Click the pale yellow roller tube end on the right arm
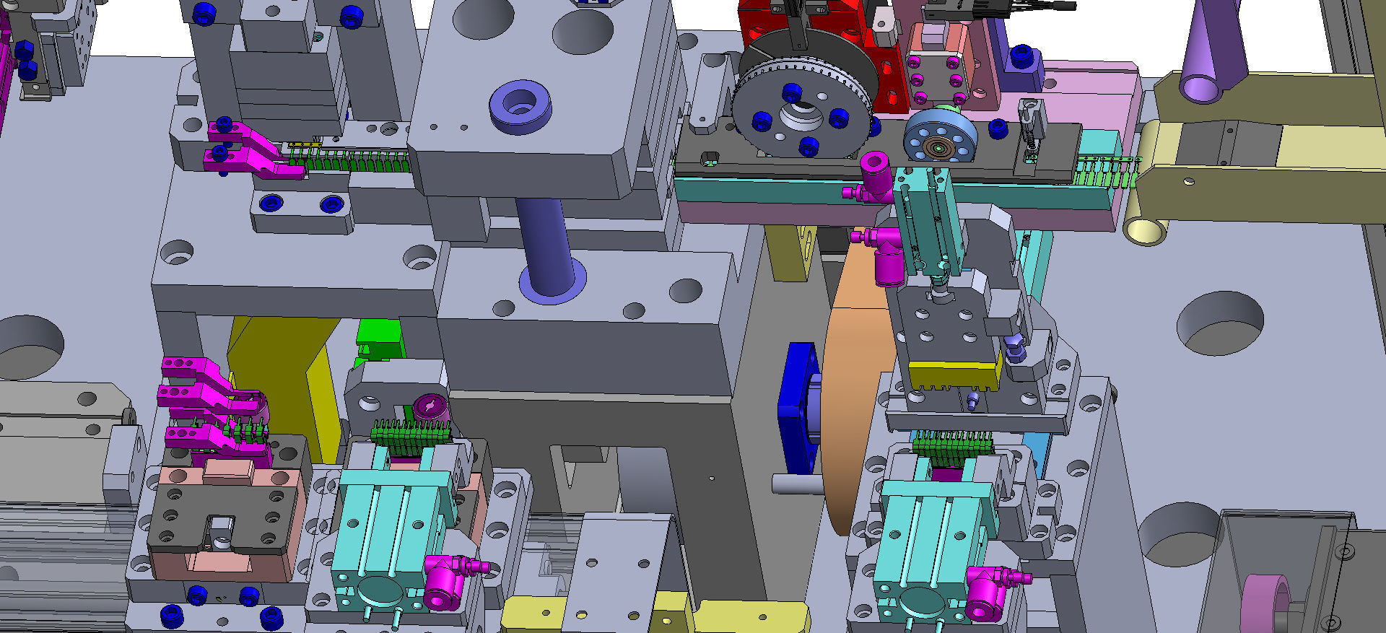[x=1144, y=230]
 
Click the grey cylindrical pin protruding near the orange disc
[x=794, y=483]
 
